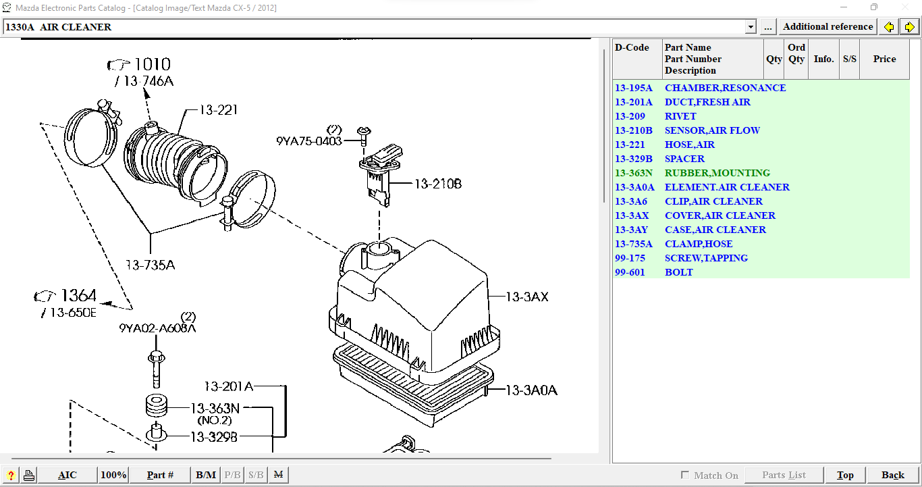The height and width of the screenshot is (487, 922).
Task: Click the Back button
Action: tap(892, 475)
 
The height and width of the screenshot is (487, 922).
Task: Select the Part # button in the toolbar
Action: tap(160, 475)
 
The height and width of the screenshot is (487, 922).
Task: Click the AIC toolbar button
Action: tap(67, 475)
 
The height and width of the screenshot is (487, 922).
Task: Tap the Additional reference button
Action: tap(828, 27)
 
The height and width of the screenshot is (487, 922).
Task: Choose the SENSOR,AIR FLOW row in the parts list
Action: tap(712, 130)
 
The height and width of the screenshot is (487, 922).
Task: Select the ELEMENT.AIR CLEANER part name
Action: tap(727, 187)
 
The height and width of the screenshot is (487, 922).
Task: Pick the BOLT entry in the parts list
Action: tap(678, 272)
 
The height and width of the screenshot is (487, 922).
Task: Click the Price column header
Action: tap(884, 59)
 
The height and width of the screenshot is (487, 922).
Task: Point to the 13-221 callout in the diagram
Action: tap(218, 110)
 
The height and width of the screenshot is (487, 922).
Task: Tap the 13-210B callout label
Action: tap(437, 183)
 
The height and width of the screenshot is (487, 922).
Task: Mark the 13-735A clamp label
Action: tap(150, 264)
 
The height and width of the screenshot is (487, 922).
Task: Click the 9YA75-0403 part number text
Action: tap(308, 141)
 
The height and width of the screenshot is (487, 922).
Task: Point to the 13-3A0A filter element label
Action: tap(531, 390)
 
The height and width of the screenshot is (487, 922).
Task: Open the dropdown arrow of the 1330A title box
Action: tap(751, 27)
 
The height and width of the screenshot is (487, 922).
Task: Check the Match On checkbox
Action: tap(685, 475)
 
